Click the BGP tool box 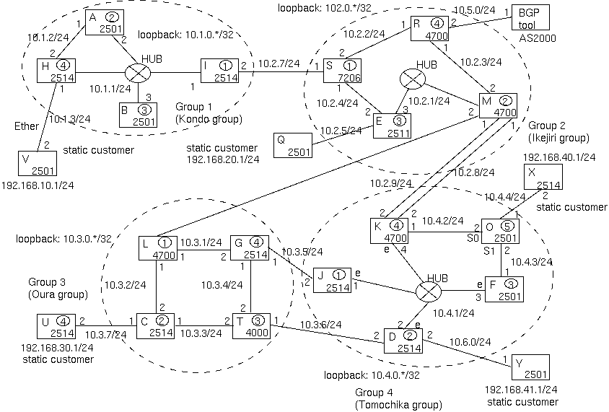(528, 21)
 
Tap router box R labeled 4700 (430, 30)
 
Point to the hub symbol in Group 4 (428, 292)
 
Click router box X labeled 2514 (541, 176)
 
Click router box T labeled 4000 (250, 326)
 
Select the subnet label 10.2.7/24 (278, 64)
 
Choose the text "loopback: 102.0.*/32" (323, 7)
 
